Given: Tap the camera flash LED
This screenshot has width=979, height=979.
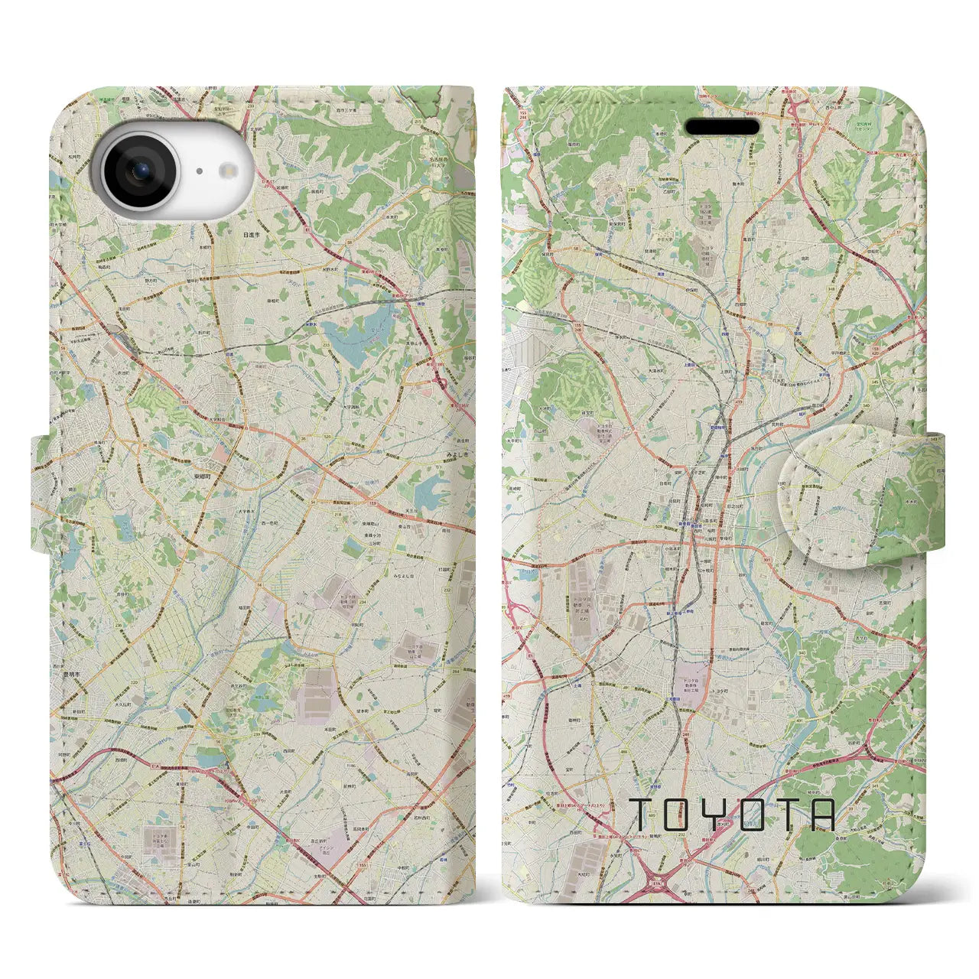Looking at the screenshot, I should [x=226, y=171].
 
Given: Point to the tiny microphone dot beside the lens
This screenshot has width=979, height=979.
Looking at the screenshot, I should [x=199, y=171].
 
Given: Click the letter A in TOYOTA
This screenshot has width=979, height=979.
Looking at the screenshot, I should [x=823, y=815].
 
